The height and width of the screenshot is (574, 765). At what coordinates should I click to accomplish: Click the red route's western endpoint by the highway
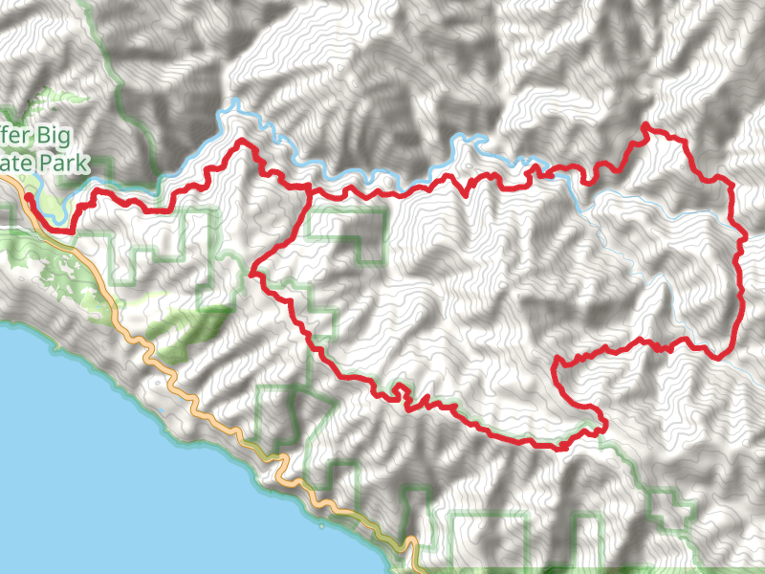pos(28,197)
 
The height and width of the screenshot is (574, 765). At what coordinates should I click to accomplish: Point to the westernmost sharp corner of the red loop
pos(251,274)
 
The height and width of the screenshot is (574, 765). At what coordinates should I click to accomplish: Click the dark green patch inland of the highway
pos(191,330)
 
